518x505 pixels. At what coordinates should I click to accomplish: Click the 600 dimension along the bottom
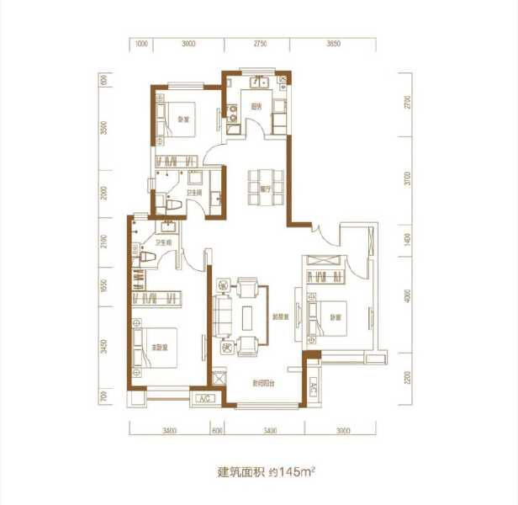[216, 432]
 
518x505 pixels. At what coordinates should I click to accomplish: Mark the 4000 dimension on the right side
[404, 296]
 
